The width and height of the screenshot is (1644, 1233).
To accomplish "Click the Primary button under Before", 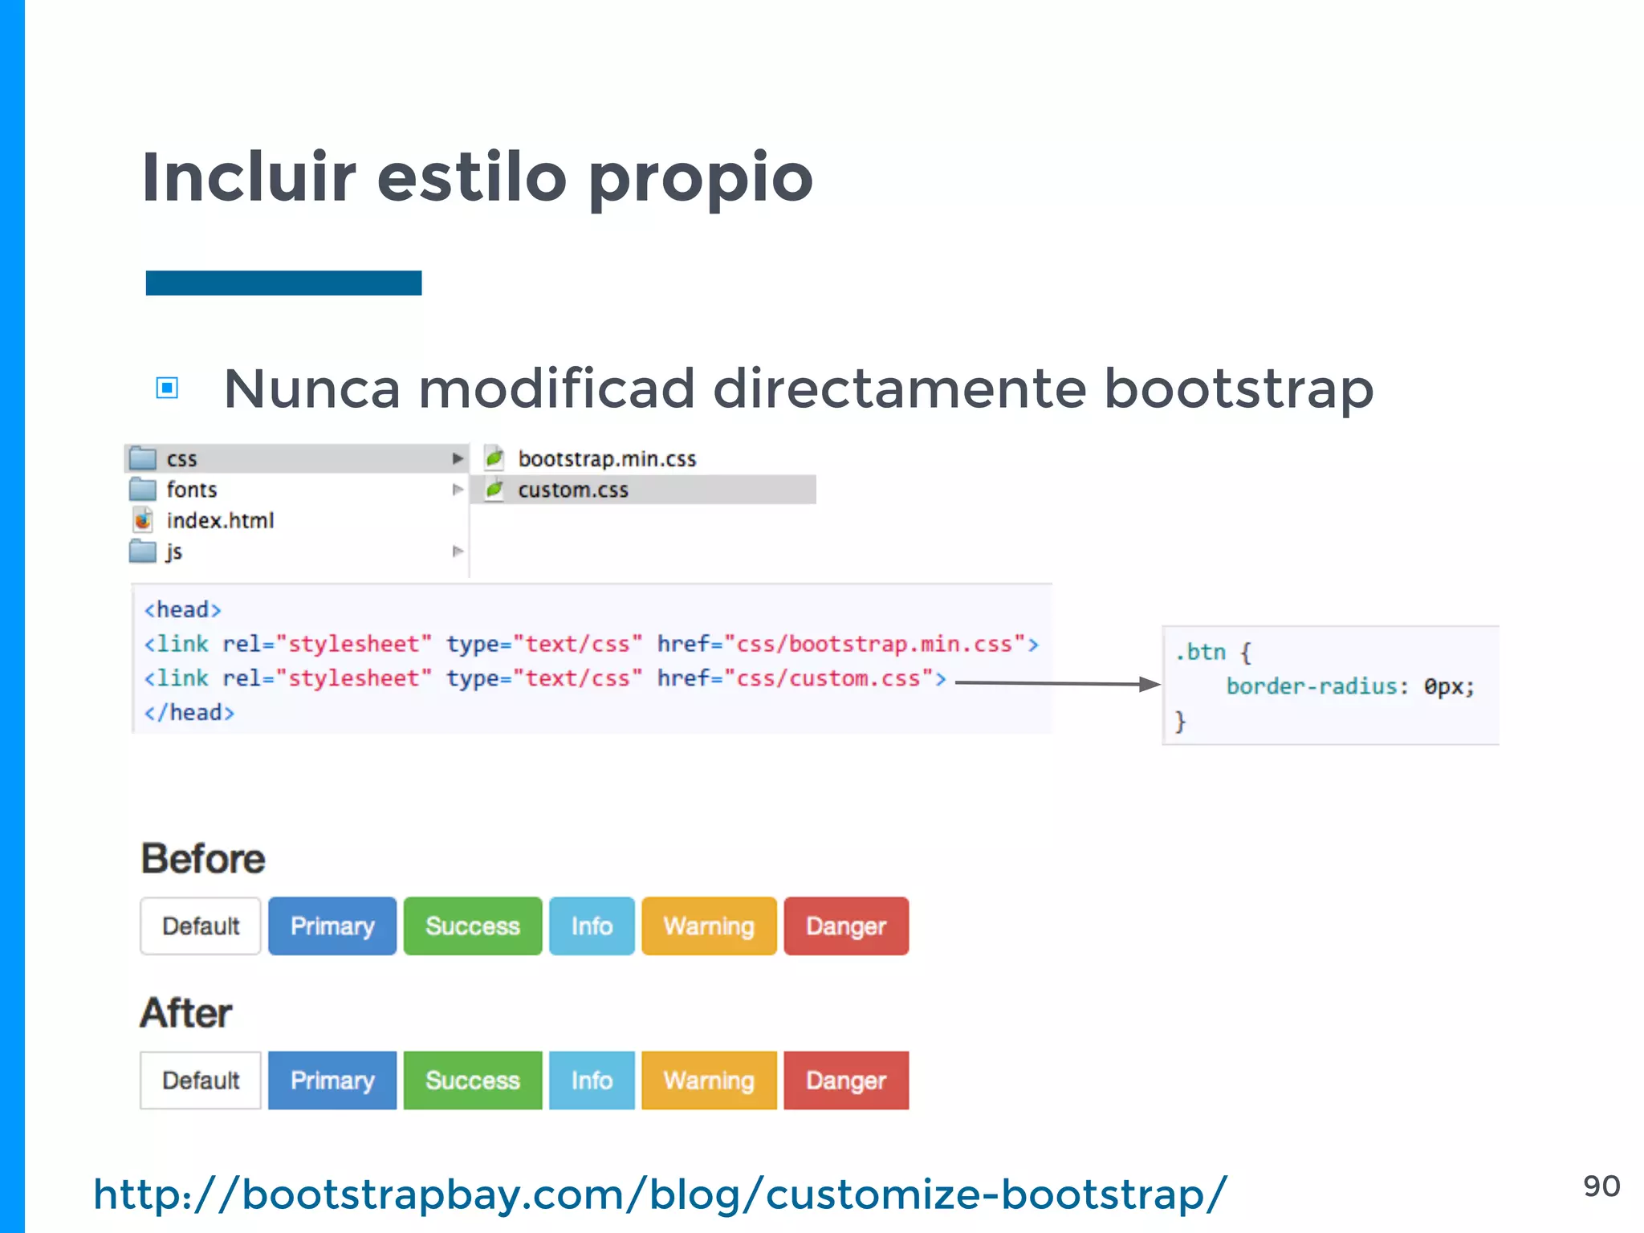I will pos(332,926).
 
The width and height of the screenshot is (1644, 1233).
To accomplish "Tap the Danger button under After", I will pos(846,1080).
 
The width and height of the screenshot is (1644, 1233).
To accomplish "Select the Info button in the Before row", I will pos(592,926).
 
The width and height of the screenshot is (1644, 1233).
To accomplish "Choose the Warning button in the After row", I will pos(709,1080).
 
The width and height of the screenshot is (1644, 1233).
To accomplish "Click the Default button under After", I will pos(201,1080).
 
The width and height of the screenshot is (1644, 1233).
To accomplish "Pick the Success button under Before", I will pos(473,926).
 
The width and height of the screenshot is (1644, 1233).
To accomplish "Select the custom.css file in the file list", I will pos(572,490).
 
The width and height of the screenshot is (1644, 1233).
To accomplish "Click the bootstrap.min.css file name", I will pos(607,459).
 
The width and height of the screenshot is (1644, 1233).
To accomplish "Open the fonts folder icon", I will pos(143,489).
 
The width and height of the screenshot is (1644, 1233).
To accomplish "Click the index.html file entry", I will pos(220,521).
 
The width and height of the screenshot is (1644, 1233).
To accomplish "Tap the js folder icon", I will pos(143,551).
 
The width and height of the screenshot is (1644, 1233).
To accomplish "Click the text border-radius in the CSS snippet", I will pos(1312,687).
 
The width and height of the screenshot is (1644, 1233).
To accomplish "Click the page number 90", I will pos(1601,1186).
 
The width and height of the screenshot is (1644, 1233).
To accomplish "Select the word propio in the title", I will pos(701,177).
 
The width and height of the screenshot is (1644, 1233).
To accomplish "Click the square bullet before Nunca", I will pos(167,389).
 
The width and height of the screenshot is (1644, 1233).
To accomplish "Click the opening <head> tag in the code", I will pos(182,610).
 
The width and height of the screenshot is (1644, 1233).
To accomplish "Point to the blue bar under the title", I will pos(283,283).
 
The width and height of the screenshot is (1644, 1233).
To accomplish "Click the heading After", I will pos(186,1013).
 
